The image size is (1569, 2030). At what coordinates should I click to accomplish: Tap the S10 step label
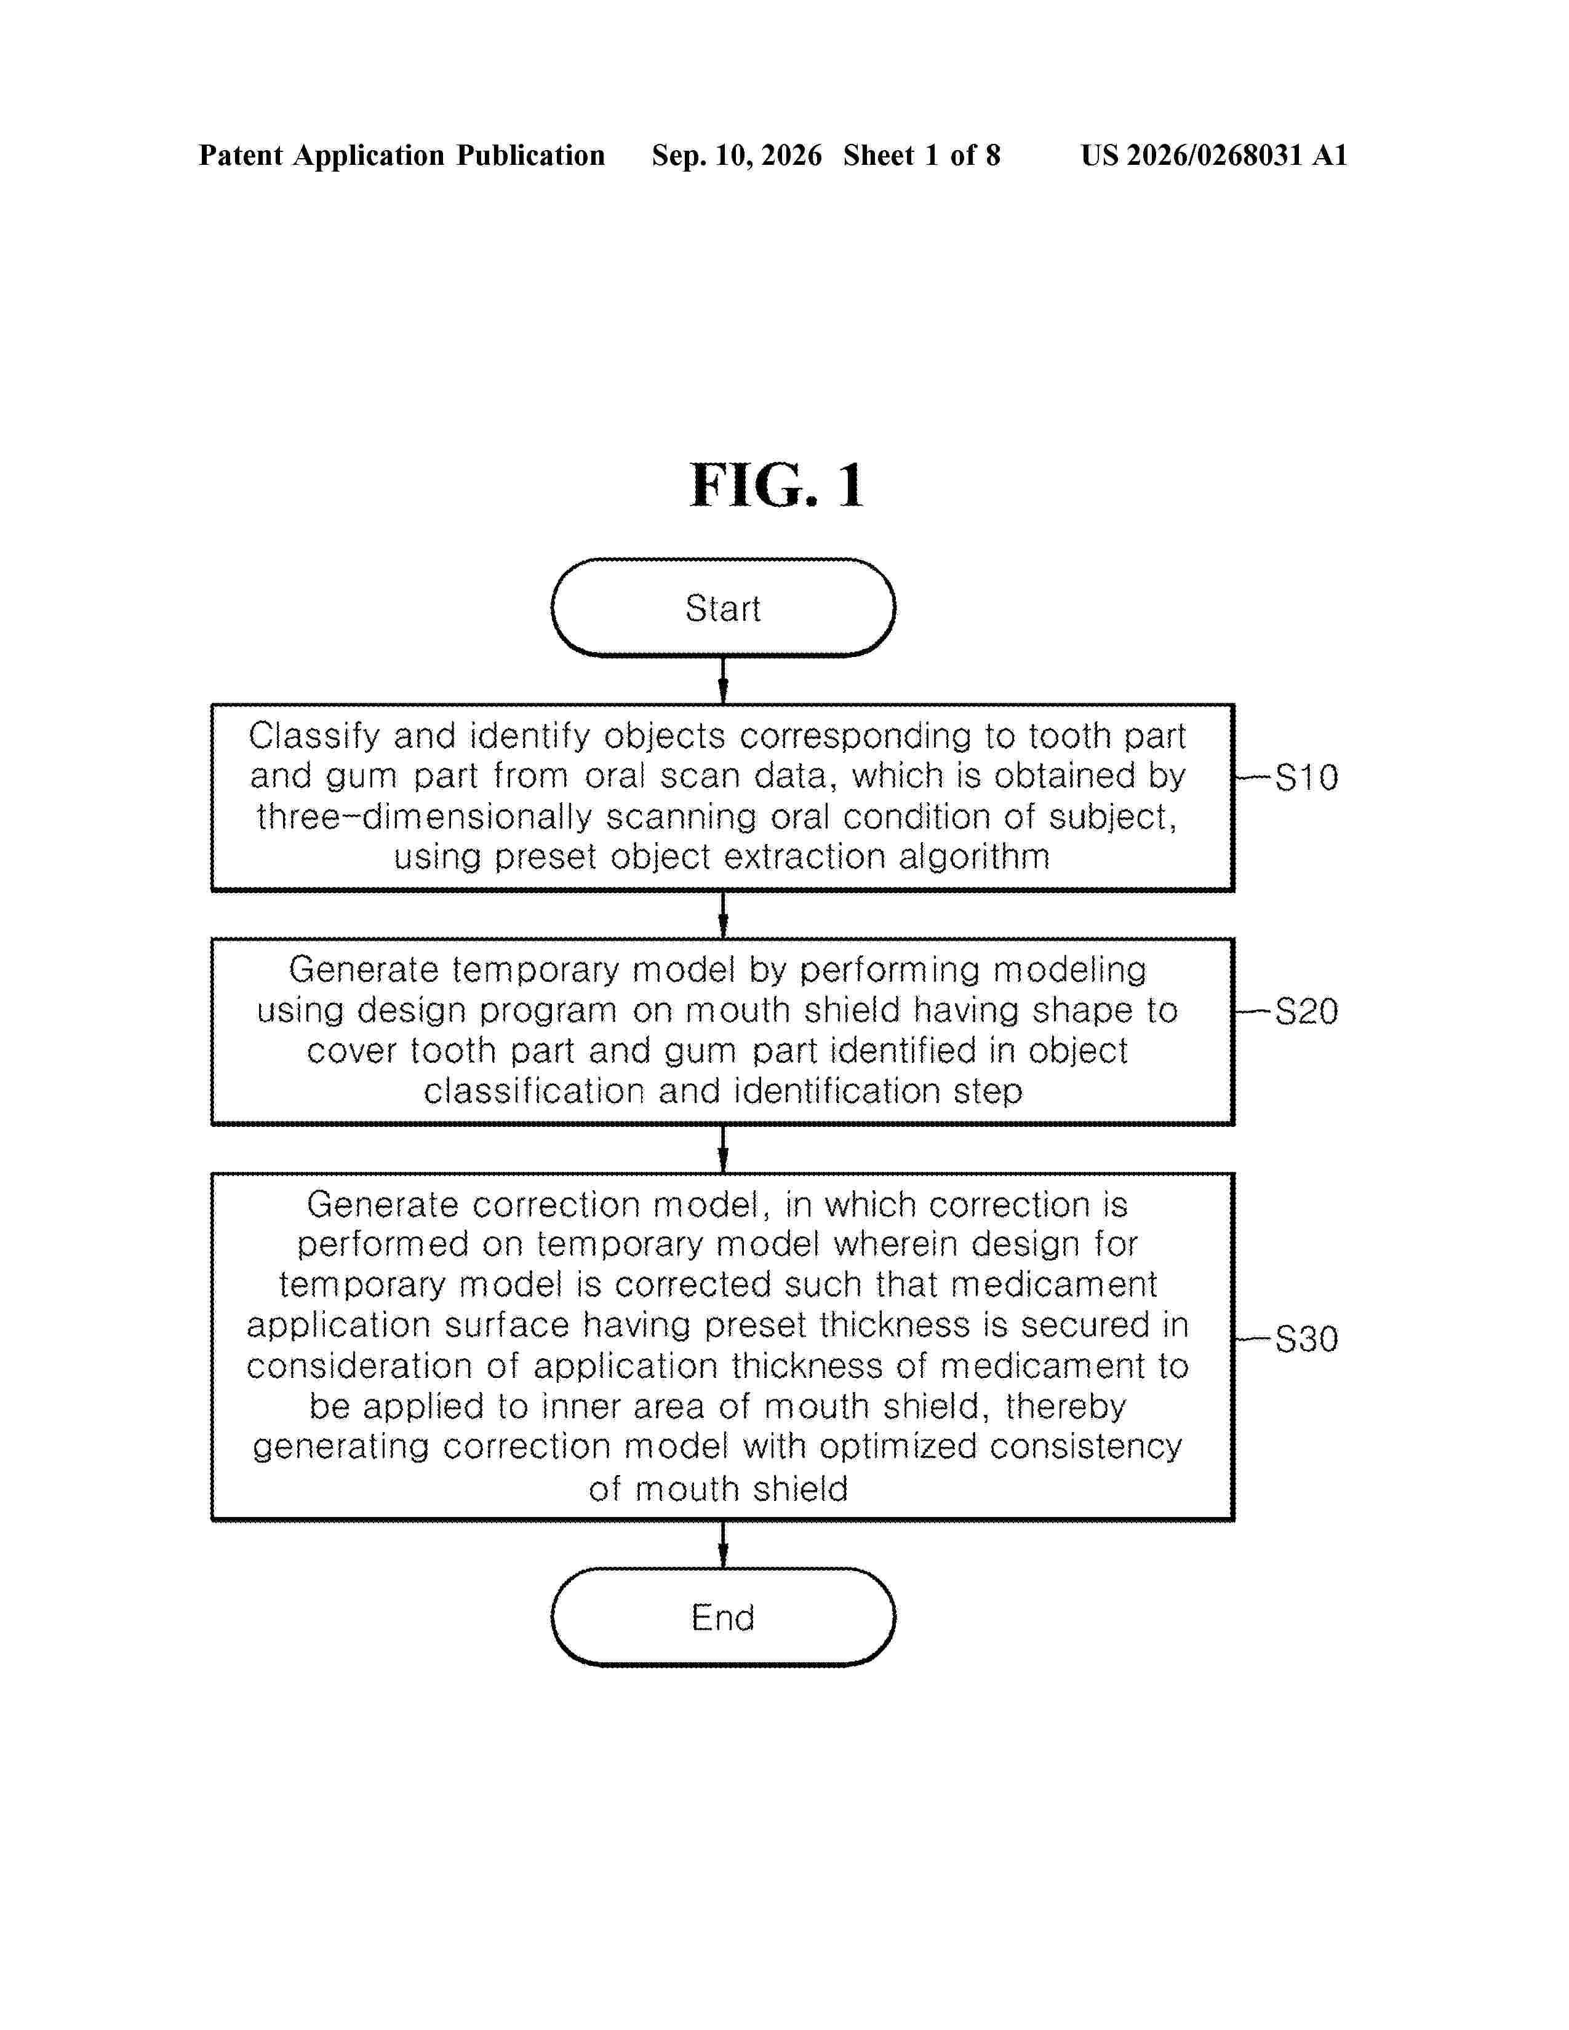point(1306,777)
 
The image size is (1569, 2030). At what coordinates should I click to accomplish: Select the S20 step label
point(1306,1011)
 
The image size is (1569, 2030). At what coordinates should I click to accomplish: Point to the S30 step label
point(1306,1339)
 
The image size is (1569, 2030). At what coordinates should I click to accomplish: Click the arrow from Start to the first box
point(723,680)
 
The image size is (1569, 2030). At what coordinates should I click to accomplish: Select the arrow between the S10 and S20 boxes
point(723,915)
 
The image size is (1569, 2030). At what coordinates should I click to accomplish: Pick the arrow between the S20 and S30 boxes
point(723,1149)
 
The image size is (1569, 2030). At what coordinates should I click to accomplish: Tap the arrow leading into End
point(723,1544)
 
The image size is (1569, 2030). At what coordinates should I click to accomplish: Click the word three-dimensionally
point(425,817)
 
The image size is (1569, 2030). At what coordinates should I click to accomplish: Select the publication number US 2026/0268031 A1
point(1214,155)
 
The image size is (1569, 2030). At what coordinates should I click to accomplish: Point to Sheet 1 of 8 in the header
point(922,155)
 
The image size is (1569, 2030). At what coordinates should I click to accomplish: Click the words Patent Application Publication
point(402,155)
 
